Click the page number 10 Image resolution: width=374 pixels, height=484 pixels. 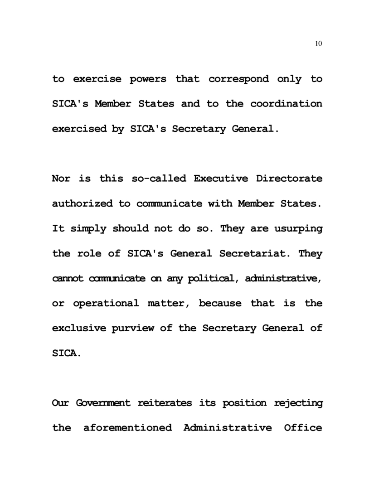point(318,44)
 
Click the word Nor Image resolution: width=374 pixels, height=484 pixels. point(62,179)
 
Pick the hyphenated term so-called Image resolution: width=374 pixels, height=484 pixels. point(158,179)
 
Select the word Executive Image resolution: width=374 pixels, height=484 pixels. point(221,179)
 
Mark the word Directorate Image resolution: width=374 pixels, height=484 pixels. point(289,179)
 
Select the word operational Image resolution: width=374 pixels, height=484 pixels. point(106,303)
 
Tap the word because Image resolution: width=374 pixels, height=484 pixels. point(220,303)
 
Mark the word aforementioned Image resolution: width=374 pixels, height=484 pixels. point(127,428)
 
